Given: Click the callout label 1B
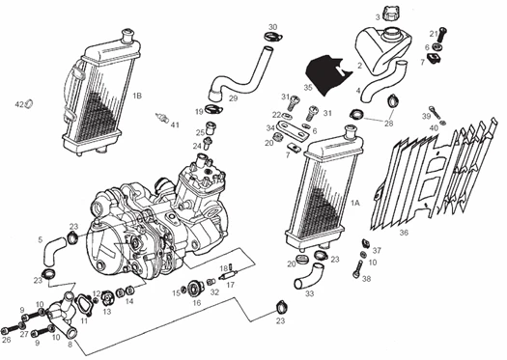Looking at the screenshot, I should click(x=137, y=97).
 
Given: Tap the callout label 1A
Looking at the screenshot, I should click(x=356, y=204).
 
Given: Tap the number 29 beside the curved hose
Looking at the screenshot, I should click(x=233, y=98).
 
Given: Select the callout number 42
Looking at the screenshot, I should click(x=18, y=103).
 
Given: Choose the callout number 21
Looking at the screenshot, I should click(x=434, y=34).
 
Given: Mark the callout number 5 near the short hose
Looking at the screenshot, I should click(x=41, y=239).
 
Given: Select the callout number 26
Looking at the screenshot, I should click(x=6, y=340).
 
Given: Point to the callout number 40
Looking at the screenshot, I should click(x=434, y=128).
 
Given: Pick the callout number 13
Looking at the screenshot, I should click(x=108, y=312).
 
